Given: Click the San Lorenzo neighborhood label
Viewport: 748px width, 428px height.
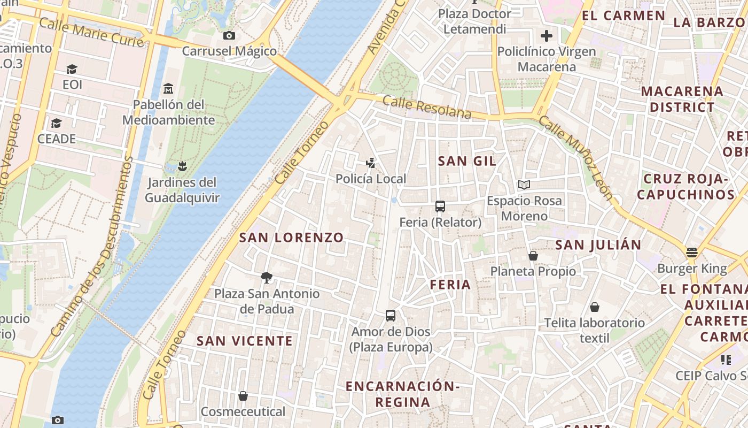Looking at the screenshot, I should point(291,238).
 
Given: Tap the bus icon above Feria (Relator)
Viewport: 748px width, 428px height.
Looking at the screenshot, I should point(440,207).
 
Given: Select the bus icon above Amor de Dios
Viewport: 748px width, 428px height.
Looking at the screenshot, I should point(391,316).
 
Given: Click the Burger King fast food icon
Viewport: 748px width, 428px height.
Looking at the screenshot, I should point(692,253).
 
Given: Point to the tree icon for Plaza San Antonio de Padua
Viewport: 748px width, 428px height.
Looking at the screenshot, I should point(267,277).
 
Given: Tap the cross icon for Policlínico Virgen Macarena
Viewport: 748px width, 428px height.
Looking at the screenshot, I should point(546,36).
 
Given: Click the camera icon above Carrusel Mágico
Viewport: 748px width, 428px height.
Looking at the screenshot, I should point(229,35).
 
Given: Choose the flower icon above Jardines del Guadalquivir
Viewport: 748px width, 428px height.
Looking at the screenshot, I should point(182,166).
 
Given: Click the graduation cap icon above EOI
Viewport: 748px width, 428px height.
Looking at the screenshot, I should point(72,69).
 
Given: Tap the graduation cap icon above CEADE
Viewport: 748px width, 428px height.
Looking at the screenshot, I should point(56,124).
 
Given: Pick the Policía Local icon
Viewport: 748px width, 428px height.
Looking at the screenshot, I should point(371,163).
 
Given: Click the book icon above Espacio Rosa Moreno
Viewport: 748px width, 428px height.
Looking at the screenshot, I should point(524,185).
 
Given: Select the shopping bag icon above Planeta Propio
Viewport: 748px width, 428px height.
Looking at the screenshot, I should point(533,256).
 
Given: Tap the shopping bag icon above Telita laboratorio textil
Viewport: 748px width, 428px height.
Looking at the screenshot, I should point(594,307).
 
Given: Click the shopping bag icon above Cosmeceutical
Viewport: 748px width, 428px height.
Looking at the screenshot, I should point(243,396).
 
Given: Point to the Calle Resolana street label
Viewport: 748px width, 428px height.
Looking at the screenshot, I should point(427,108).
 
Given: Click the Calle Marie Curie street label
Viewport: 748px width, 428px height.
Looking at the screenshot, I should point(91,32).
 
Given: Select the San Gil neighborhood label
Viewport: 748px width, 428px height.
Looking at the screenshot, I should point(467,161).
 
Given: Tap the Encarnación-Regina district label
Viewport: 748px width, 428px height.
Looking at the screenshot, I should point(402,394).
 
